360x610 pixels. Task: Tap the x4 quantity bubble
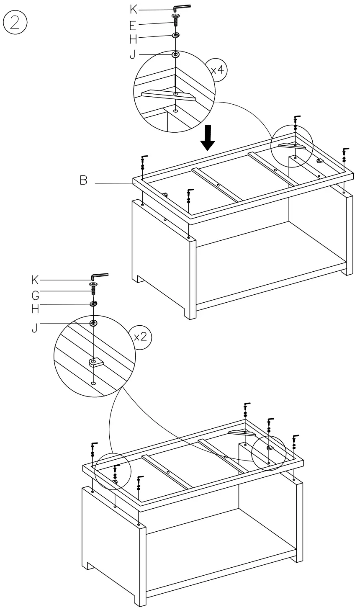pos(217,69)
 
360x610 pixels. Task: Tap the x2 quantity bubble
pos(141,337)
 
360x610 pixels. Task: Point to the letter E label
pos(133,26)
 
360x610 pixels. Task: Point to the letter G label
pos(35,296)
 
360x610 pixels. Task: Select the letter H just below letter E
pos(133,39)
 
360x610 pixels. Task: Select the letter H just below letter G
pos(35,309)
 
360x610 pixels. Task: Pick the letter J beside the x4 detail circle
pos(133,54)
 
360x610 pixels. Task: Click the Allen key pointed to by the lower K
pos(99,276)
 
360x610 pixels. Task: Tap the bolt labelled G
pos(93,289)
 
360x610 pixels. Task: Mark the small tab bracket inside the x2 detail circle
pos(96,362)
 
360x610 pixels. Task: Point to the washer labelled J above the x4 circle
pos(175,54)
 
